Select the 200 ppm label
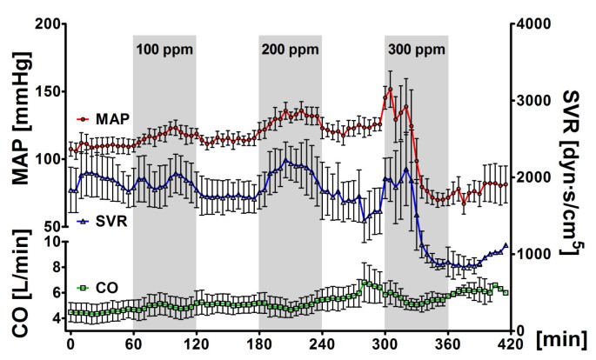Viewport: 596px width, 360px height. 290,49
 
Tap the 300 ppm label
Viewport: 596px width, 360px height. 416,49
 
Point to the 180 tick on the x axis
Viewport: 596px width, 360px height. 258,343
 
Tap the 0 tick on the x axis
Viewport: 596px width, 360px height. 71,343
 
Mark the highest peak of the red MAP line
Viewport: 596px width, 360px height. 391,89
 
